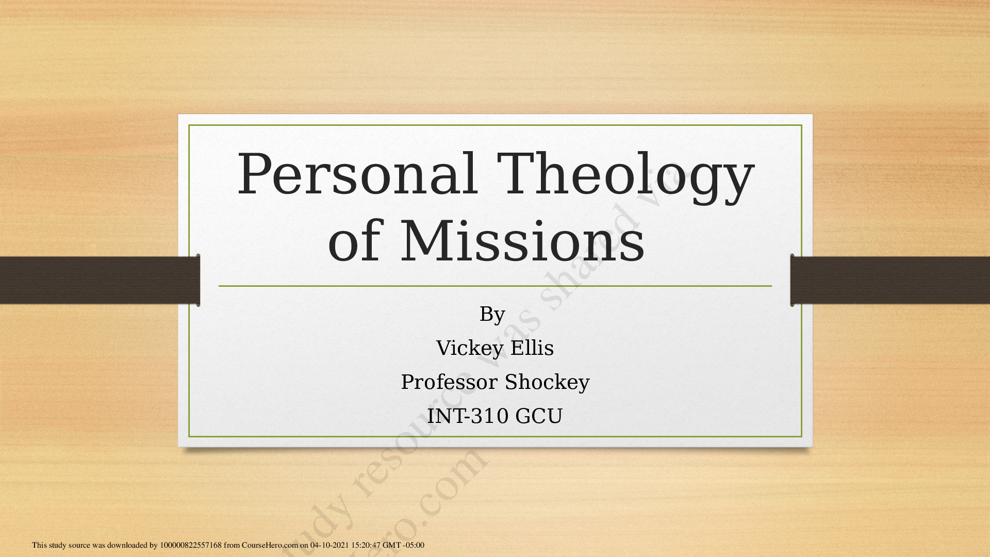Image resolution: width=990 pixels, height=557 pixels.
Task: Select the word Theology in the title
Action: (625, 175)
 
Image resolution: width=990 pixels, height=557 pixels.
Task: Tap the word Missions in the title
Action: (522, 241)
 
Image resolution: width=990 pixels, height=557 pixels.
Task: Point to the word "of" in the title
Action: (354, 241)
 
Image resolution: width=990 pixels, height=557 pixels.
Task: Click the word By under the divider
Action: (492, 314)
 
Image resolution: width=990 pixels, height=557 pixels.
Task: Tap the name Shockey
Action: (547, 382)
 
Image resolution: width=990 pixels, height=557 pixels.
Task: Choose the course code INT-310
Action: (468, 416)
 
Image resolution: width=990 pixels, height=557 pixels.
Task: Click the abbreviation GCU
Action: (538, 416)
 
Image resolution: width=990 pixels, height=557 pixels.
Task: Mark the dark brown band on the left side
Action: (98, 280)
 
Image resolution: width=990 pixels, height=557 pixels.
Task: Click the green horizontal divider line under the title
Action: (495, 286)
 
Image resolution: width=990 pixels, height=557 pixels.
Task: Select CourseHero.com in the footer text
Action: (270, 545)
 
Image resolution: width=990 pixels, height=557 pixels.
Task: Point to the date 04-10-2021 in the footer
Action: (329, 545)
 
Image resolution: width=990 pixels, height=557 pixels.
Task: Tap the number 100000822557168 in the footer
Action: (190, 545)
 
